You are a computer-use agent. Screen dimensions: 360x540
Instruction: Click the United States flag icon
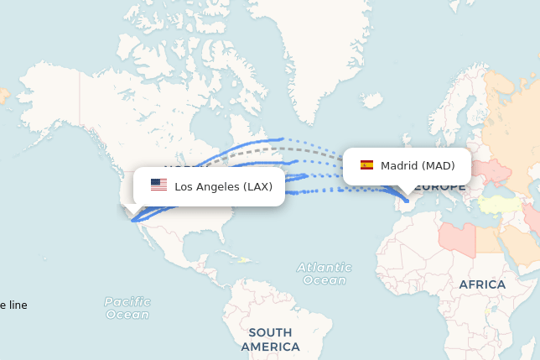[x=158, y=185]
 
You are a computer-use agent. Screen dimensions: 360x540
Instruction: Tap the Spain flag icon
[x=366, y=165]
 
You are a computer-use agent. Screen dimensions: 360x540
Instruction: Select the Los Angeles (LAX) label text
[x=223, y=186]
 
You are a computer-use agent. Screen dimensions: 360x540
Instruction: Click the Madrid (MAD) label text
[x=418, y=165]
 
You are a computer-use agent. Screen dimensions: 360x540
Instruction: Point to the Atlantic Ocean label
[x=324, y=274]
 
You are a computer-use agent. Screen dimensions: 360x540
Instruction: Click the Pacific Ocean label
[x=127, y=308]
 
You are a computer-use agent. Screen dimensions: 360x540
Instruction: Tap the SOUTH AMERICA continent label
[x=270, y=339]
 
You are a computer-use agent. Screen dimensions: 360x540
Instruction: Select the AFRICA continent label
[x=482, y=284]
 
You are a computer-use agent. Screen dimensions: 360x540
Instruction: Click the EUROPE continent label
[x=439, y=186]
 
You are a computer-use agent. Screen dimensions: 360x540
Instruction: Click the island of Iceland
[x=369, y=100]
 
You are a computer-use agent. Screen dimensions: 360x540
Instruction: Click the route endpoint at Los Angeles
[x=132, y=220]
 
